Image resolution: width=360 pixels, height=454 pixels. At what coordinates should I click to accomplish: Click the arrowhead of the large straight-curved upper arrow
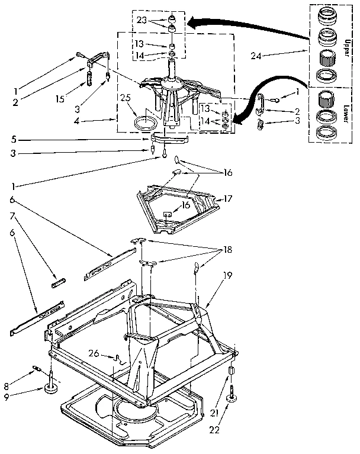click(x=192, y=24)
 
